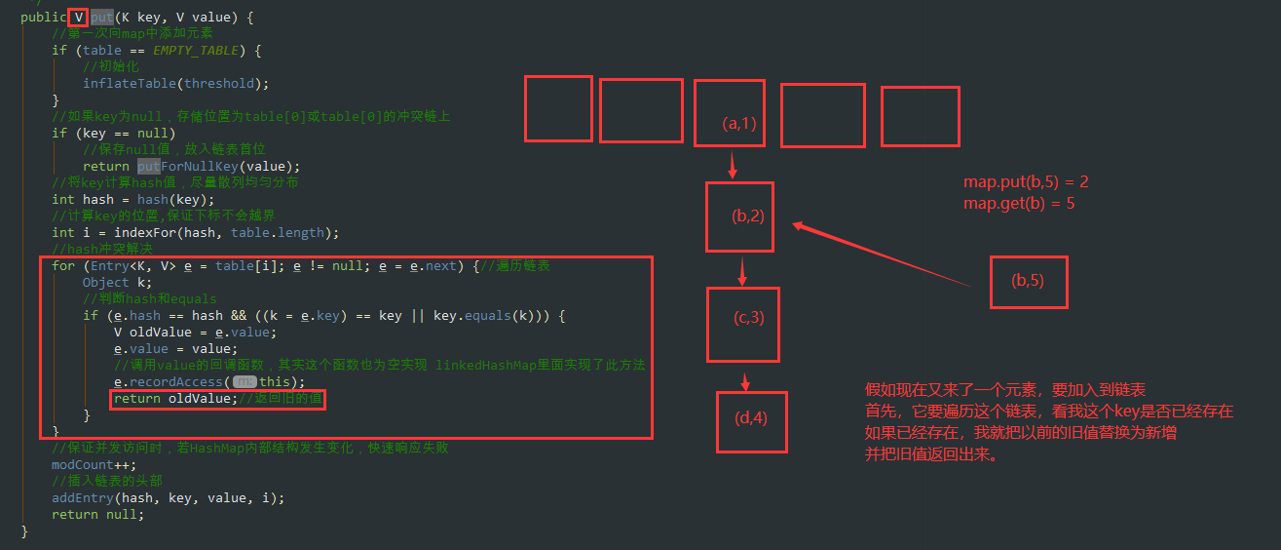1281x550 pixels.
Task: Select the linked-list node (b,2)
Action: [x=739, y=216]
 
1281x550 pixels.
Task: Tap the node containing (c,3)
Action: [x=743, y=323]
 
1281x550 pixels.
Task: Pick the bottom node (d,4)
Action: [x=751, y=420]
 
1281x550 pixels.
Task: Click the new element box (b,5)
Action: [x=1029, y=282]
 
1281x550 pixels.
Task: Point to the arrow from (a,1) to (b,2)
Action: [x=733, y=164]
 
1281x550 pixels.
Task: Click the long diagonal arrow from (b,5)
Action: [x=882, y=255]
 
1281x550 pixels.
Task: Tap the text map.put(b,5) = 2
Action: [x=1026, y=182]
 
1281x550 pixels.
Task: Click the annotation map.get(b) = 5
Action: [x=1019, y=204]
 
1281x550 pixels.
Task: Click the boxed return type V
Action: [x=78, y=18]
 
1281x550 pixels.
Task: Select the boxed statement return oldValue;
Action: [x=217, y=399]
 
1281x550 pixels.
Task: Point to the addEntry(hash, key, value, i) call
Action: [x=168, y=497]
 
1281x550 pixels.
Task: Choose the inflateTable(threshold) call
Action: [x=175, y=83]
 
